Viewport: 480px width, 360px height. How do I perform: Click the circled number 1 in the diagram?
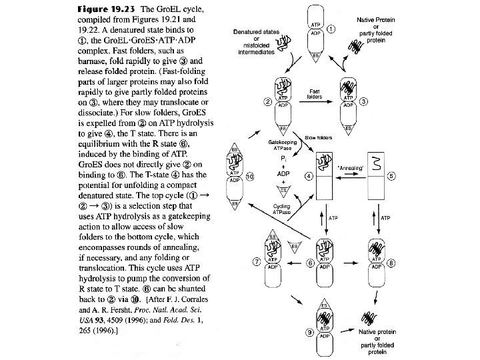pos(331,29)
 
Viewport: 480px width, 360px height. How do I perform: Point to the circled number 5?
pos(392,176)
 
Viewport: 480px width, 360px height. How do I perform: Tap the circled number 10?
pos(249,176)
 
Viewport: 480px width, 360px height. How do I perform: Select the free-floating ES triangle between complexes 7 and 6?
pos(295,246)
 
